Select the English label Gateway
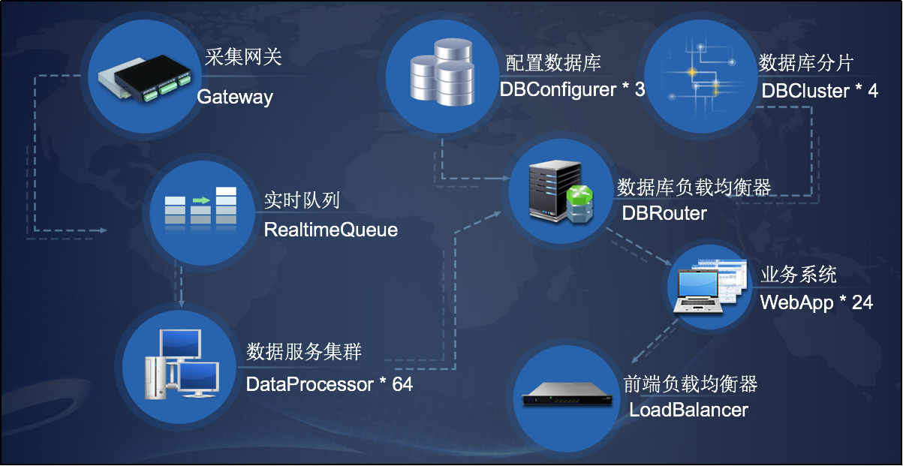click(x=234, y=97)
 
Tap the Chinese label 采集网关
click(x=243, y=57)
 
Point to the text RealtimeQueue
click(x=330, y=230)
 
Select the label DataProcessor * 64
click(x=329, y=384)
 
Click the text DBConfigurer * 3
click(x=572, y=89)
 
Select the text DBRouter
click(x=664, y=213)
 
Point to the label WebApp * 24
click(x=816, y=302)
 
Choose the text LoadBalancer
click(x=688, y=410)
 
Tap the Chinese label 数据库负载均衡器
click(x=694, y=186)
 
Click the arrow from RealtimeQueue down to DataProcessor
click(x=181, y=284)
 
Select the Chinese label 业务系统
click(x=798, y=275)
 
